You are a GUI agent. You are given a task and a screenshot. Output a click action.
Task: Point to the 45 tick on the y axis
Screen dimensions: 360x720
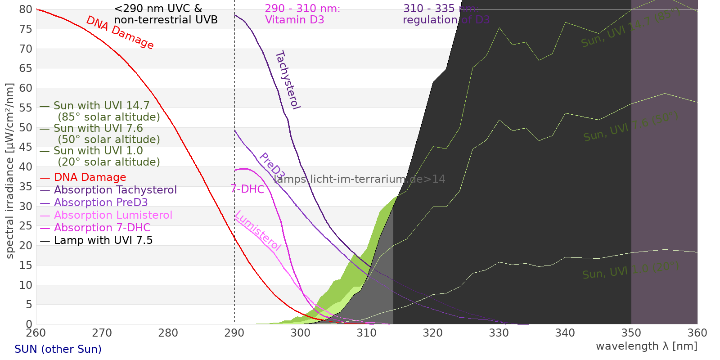point(26,147)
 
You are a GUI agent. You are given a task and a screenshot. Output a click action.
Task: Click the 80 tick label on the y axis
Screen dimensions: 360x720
point(26,9)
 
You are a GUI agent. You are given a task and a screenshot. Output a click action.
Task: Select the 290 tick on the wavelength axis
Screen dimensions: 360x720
point(234,333)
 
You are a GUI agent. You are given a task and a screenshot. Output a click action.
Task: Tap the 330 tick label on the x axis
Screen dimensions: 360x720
point(499,333)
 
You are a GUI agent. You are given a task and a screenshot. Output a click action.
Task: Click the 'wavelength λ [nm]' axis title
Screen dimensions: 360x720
point(646,346)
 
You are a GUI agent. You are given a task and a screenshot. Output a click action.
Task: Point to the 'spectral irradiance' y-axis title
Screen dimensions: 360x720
point(10,171)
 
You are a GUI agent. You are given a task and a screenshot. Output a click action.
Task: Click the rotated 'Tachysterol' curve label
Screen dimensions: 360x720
point(288,80)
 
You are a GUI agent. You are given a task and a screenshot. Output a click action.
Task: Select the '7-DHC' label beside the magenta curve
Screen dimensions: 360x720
point(247,189)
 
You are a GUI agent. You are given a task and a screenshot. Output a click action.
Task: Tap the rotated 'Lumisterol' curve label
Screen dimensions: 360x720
point(258,230)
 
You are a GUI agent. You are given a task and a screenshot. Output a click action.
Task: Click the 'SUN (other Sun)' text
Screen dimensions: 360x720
point(58,349)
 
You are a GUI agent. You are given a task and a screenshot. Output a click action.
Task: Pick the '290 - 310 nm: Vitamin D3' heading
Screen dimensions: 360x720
point(302,14)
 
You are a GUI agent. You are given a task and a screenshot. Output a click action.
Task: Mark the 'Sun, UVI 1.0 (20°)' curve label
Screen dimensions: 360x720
point(630,271)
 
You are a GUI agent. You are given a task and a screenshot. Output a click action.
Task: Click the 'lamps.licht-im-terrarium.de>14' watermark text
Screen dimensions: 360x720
point(359,179)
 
